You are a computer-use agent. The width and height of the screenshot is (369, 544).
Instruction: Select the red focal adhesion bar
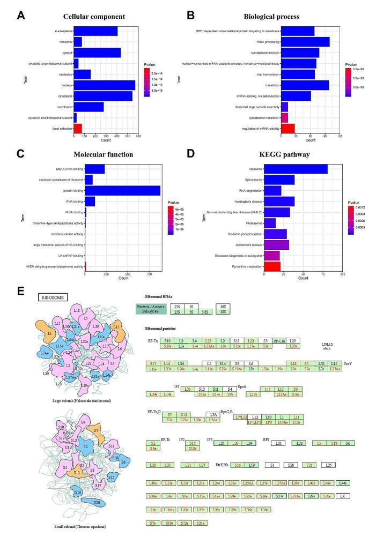[x=78, y=128]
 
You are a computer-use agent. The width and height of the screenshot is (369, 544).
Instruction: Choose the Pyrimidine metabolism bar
[x=272, y=266]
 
